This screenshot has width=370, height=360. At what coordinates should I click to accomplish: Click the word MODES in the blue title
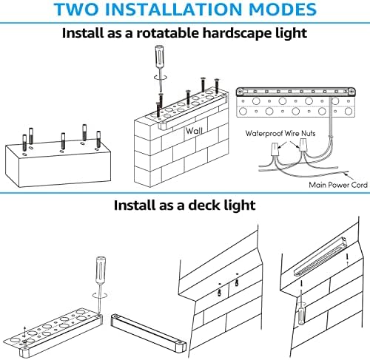283,10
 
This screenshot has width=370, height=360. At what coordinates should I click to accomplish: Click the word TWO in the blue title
76,10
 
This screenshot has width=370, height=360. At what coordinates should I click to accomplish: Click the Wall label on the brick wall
194,131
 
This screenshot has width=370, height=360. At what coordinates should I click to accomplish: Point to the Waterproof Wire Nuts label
280,134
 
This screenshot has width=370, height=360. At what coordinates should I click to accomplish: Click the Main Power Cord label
338,185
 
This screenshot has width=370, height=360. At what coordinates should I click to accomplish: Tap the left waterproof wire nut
275,149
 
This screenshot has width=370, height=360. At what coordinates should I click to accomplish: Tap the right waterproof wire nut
303,145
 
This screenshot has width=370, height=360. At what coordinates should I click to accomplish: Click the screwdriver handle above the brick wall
158,56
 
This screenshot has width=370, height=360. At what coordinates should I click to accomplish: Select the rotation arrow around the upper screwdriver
161,77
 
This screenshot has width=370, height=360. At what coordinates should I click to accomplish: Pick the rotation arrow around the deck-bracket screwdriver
100,295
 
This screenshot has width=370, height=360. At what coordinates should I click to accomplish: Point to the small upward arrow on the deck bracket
24,331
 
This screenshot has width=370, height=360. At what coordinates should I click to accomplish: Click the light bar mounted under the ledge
320,257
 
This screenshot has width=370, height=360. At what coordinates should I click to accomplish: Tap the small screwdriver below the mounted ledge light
301,308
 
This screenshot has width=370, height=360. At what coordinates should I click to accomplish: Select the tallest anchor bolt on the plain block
31,136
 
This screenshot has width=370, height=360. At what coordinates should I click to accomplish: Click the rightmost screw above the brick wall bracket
217,86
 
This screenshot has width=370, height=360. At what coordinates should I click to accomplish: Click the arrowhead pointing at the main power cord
346,174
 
